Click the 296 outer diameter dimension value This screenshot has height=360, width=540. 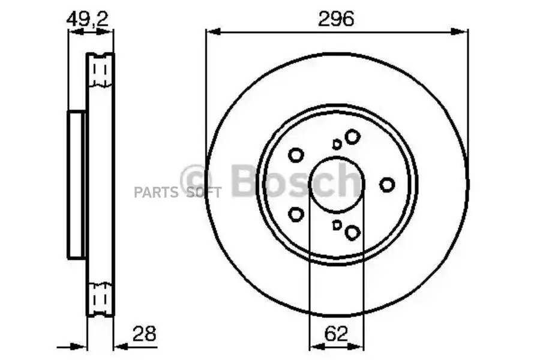click(336, 19)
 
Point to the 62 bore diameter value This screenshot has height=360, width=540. click(337, 334)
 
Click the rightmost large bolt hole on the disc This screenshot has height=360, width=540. click(388, 185)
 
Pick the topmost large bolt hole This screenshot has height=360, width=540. click(352, 137)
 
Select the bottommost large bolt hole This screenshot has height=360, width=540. click(352, 233)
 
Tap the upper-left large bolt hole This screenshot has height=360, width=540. click(296, 155)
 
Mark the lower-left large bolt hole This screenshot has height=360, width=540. click(296, 214)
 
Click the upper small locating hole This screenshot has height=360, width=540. click(337, 144)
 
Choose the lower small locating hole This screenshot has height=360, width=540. click(337, 225)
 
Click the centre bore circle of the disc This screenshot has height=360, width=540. click(337, 184)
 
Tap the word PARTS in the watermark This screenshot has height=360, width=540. click(155, 192)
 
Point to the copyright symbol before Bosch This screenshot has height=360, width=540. click(197, 179)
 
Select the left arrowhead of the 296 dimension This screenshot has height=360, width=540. click(210, 32)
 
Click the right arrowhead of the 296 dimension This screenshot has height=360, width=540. click(463, 32)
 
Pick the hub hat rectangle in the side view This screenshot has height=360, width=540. click(76, 184)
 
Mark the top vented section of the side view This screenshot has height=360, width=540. click(100, 71)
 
